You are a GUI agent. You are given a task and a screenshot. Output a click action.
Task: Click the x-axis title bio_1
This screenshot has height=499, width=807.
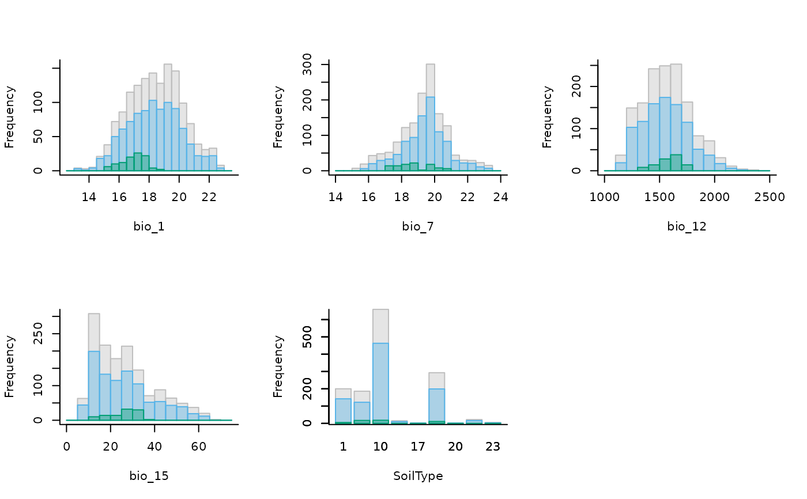coord(149,226)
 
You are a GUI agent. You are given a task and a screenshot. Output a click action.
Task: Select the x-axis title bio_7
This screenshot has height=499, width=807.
coord(418,226)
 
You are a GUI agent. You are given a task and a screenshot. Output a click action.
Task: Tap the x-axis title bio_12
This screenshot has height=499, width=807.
coord(687,226)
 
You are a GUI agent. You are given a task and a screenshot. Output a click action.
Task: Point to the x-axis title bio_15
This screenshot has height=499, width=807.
coord(149,476)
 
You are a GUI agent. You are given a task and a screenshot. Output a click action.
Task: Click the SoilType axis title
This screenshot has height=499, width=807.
coord(418,476)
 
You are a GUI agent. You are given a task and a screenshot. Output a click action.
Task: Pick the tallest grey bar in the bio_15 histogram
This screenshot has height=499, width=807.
coord(94,331)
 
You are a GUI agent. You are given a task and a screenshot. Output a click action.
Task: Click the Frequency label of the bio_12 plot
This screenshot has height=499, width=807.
coord(547,117)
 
